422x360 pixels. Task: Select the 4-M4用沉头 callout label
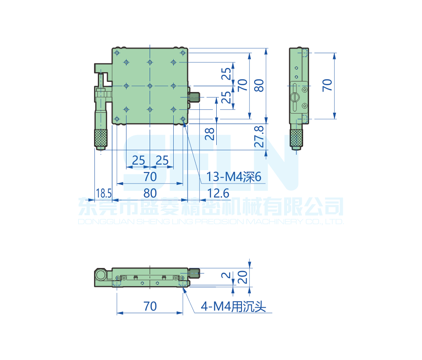point(234,307)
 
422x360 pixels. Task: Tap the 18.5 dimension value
point(103,193)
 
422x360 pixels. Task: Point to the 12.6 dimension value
point(218,193)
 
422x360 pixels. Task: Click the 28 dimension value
point(210,134)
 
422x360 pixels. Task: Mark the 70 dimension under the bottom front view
point(150,306)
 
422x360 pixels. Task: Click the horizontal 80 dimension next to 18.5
point(150,193)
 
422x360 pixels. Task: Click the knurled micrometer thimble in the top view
point(100,137)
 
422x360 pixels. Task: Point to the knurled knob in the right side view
point(296,138)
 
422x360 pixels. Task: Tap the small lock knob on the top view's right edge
point(194,97)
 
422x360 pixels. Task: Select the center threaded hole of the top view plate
point(150,86)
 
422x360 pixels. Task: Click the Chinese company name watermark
point(211,207)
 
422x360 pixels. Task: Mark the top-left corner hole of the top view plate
point(117,53)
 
